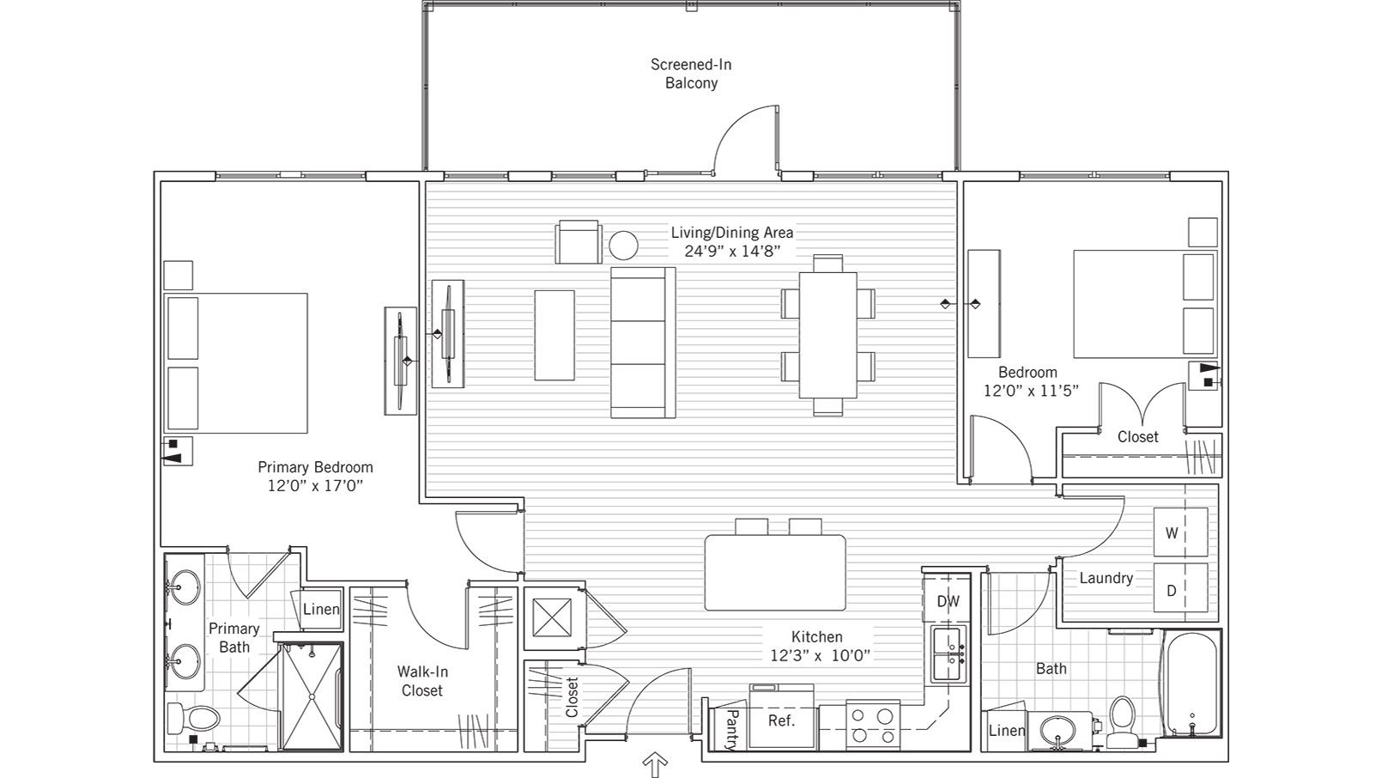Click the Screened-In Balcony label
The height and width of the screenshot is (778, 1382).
point(691,74)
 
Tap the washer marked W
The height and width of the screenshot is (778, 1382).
point(1179,532)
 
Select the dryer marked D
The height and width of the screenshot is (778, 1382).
point(1179,589)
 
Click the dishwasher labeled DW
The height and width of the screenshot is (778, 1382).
point(948,601)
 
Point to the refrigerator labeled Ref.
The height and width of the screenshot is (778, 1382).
point(781,720)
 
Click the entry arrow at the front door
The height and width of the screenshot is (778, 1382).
point(655,764)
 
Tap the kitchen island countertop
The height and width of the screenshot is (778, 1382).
point(775,572)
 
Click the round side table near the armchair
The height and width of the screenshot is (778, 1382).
point(624,246)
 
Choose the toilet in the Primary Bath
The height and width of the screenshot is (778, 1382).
point(193,717)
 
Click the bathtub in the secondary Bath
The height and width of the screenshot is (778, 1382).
point(1190,683)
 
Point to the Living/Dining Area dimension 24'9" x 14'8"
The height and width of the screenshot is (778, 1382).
point(731,252)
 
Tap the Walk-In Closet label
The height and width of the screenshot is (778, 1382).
point(422,681)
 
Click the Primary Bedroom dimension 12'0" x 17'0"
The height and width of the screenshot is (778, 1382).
point(315,486)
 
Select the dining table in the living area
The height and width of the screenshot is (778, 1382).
point(828,335)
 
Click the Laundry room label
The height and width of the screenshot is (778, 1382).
point(1106,578)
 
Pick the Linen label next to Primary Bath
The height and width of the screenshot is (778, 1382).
point(321,609)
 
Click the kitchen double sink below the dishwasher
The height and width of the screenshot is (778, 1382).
point(948,656)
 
